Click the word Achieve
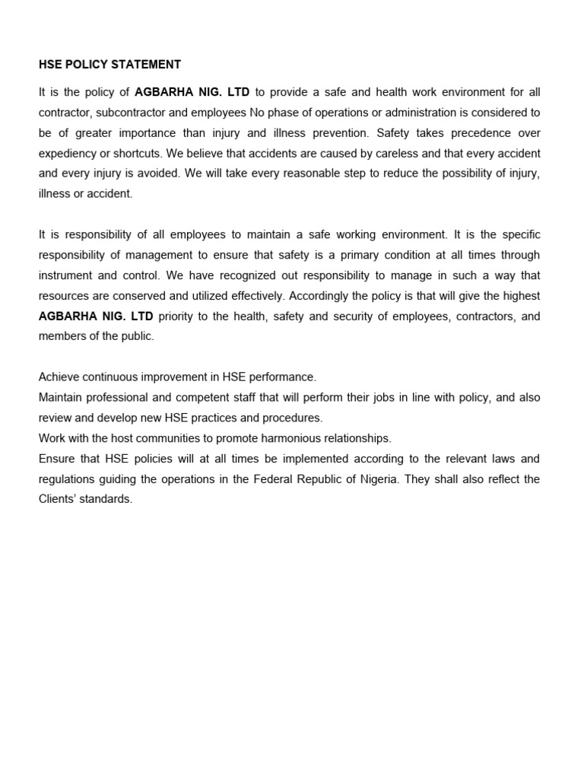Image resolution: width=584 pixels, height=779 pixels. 59,377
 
